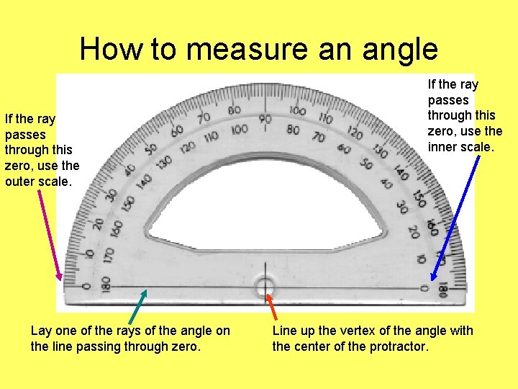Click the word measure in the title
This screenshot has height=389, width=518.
click(255, 50)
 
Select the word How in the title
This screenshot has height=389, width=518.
click(109, 50)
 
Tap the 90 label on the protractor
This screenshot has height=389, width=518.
click(265, 120)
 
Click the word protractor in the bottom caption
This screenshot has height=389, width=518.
click(399, 346)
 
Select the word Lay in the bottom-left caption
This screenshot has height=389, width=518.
click(41, 331)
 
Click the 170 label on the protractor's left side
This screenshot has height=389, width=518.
click(108, 254)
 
